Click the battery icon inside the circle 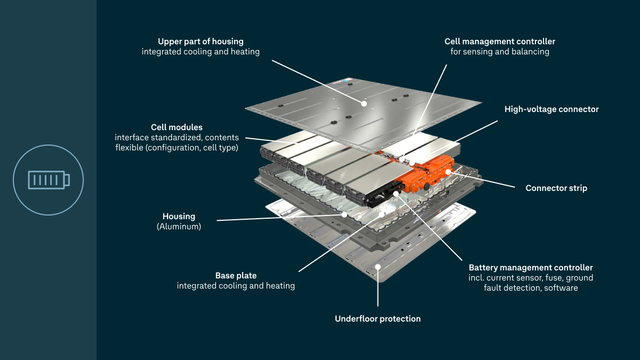coord(49,180)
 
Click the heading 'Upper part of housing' coord(201,41)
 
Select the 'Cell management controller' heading coord(500,41)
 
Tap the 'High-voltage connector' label coord(551,109)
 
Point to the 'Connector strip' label coord(556,188)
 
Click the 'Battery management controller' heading coord(531,267)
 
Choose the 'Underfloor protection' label coord(378,318)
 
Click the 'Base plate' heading coord(236,275)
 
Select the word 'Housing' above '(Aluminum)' coord(179,216)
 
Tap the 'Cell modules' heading coord(177,127)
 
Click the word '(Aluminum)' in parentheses coord(179,226)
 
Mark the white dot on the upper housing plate coord(364,103)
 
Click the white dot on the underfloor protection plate coord(378,266)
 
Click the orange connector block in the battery coord(427,176)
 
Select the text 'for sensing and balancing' coord(500,52)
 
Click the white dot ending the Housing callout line coord(345,214)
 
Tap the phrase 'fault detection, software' coord(531,288)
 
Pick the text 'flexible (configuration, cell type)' coord(177,148)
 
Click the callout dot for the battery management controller coord(396,187)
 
